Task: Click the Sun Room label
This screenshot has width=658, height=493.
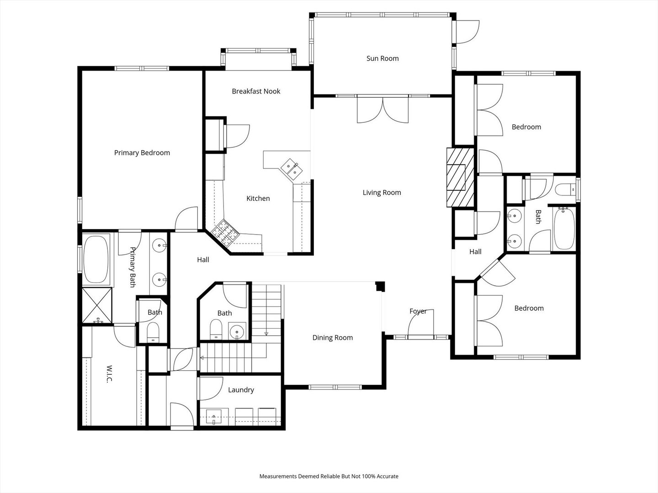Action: pos(382,58)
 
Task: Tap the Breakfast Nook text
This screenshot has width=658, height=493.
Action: pos(256,91)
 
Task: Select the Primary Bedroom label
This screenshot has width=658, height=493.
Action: pos(142,153)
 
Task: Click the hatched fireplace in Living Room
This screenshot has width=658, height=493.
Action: pos(461,177)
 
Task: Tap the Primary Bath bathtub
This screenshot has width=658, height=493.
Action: pos(96,259)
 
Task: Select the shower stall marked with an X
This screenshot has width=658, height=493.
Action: pos(97,304)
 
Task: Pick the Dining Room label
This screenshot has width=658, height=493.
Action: pos(332,338)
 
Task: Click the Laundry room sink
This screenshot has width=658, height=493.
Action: pos(214,416)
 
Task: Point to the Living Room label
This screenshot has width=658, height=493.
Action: pos(382,193)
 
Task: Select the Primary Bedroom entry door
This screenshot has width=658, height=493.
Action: pos(186,219)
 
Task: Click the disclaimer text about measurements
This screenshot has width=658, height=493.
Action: pos(329,476)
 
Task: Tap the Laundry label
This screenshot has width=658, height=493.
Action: pos(241,390)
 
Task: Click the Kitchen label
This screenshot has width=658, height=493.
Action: pos(258,199)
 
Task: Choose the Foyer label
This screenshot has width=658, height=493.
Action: pos(418,311)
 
